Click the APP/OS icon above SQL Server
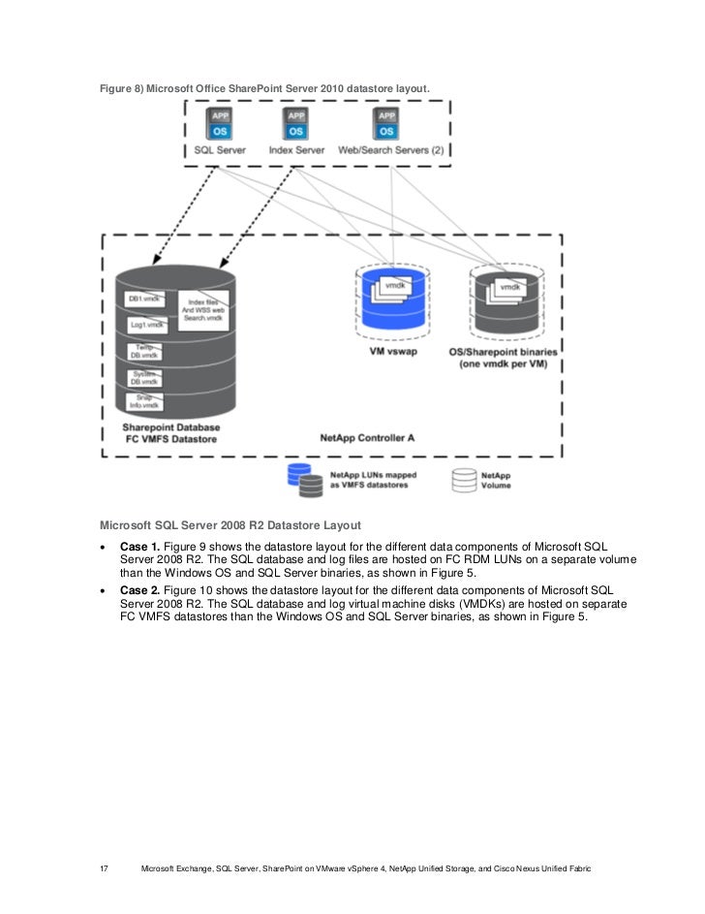[219, 124]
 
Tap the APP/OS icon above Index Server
[296, 124]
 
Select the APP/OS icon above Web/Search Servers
[387, 124]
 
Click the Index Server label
[296, 151]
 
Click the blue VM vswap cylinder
[393, 299]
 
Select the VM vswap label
[393, 352]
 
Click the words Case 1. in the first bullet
[141, 547]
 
